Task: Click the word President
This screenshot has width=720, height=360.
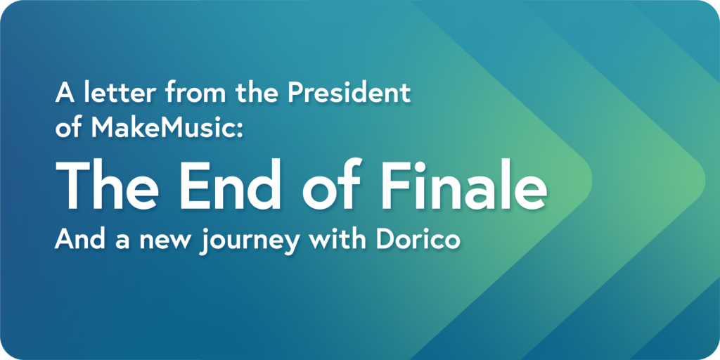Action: coord(349,94)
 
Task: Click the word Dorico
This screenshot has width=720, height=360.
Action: coord(418,240)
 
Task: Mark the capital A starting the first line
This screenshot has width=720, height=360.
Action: coord(65,94)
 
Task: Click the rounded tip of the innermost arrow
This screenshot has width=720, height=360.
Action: coord(591,181)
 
